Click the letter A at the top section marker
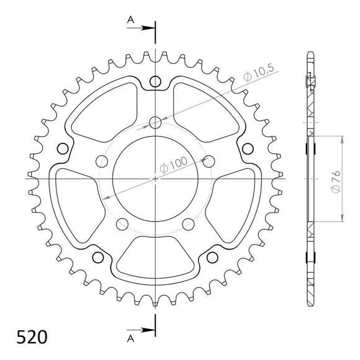pos(131,20)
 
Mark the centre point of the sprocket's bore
pos(155,178)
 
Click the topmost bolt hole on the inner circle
pos(155,121)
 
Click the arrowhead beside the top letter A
pos(149,28)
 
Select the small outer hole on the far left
pos(61,148)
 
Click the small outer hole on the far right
pos(247,148)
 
